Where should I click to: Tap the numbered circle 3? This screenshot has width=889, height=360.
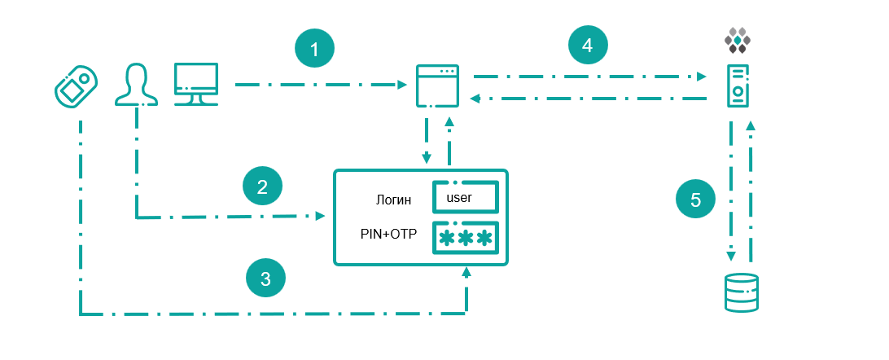tap(265, 278)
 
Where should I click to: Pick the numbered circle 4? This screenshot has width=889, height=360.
tap(588, 45)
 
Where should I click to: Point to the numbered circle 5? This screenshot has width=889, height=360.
tap(696, 200)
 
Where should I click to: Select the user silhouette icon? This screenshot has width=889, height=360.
tap(136, 84)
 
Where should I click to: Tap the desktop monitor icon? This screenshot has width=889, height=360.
tap(196, 84)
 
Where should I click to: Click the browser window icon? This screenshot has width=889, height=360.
tap(437, 86)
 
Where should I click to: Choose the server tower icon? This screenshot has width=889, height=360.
tap(738, 86)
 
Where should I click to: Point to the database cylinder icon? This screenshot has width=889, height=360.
tap(742, 292)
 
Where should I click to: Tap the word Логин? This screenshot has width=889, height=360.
tap(393, 200)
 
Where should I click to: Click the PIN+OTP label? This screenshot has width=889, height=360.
tap(388, 234)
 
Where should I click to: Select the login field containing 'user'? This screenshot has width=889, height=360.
tap(466, 197)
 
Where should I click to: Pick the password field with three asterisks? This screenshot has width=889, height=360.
tap(466, 237)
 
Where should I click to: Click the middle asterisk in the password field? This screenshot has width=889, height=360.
tap(466, 238)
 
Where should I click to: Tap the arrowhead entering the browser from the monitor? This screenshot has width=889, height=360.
tap(402, 85)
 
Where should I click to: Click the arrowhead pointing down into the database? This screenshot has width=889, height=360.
tap(731, 256)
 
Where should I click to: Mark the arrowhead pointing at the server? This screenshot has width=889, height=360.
tap(703, 76)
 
